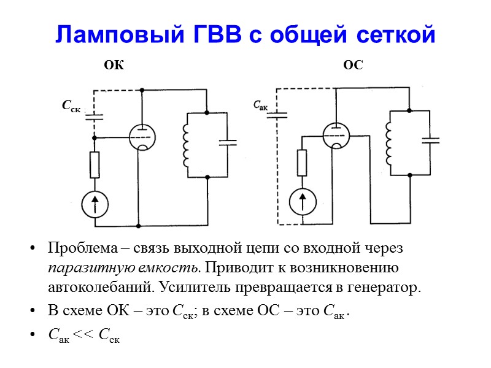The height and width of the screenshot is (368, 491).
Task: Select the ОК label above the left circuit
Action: pyautogui.click(x=114, y=65)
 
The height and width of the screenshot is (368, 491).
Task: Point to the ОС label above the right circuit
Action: pyautogui.click(x=353, y=65)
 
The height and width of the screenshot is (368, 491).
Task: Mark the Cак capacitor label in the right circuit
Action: pyautogui.click(x=261, y=105)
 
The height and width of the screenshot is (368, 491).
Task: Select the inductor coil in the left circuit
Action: pyautogui.click(x=185, y=145)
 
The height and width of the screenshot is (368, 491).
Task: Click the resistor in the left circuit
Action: pyautogui.click(x=95, y=164)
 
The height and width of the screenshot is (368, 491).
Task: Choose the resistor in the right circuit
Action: pyautogui.click(x=302, y=163)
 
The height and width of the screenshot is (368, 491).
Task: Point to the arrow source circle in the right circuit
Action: pyautogui.click(x=302, y=202)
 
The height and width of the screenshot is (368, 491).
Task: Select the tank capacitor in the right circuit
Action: pyautogui.click(x=431, y=140)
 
